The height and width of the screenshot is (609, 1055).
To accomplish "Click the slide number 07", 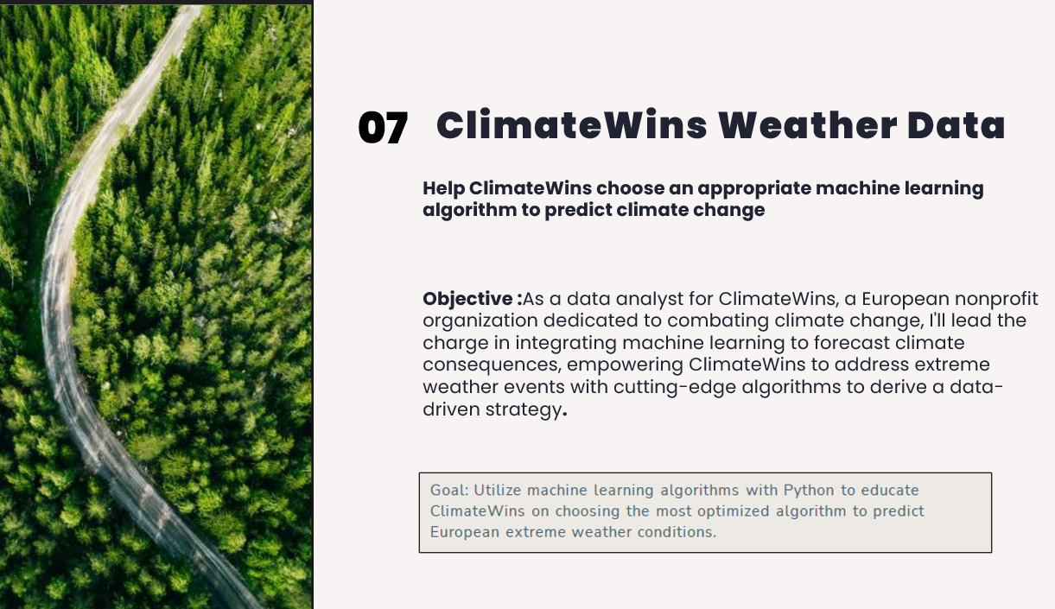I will click(383, 129).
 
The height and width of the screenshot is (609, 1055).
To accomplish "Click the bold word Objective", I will click(468, 300).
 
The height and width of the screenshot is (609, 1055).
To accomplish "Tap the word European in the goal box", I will click(464, 532).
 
